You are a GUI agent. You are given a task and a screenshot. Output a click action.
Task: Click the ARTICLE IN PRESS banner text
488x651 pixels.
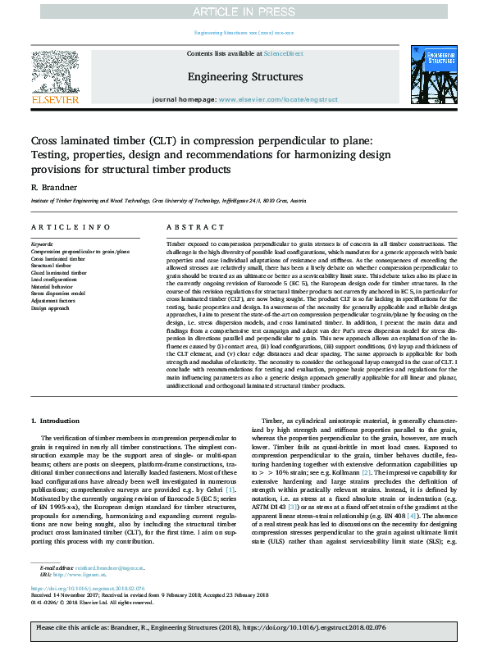tap(244, 11)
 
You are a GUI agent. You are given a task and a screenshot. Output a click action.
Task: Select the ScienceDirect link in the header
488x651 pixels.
tap(284, 53)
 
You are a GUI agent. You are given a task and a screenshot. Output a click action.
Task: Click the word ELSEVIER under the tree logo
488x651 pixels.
tap(54, 99)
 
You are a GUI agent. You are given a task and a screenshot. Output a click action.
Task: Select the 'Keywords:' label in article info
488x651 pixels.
tap(42, 244)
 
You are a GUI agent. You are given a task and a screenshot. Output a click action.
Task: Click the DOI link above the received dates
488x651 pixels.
tap(87, 589)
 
